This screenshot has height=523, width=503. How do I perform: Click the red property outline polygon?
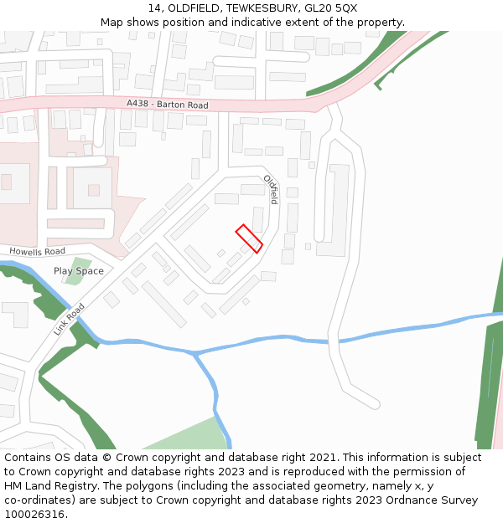[x=249, y=238]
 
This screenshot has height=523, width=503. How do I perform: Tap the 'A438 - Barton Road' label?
[x=168, y=105]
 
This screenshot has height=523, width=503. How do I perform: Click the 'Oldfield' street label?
[x=271, y=190]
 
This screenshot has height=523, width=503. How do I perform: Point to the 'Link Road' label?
[x=69, y=319]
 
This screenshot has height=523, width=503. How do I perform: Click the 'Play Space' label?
[x=79, y=271]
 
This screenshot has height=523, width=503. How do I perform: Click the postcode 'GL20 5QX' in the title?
[x=334, y=8]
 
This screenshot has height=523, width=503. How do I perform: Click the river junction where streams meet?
[x=194, y=354]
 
